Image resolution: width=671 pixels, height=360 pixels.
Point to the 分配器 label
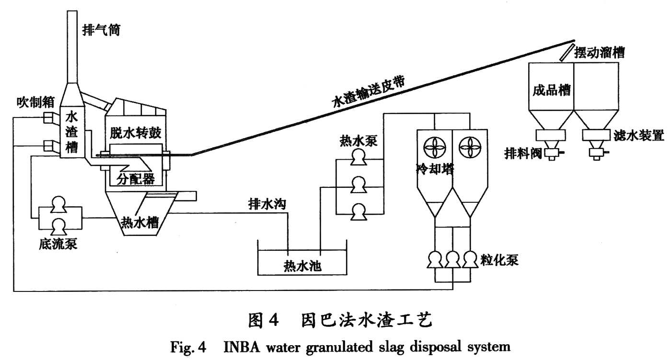tap(136, 179)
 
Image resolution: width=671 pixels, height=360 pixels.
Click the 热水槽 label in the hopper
tap(139, 221)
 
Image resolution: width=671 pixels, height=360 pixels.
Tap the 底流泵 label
tap(58, 245)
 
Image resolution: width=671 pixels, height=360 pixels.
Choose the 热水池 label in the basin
tap(302, 265)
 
